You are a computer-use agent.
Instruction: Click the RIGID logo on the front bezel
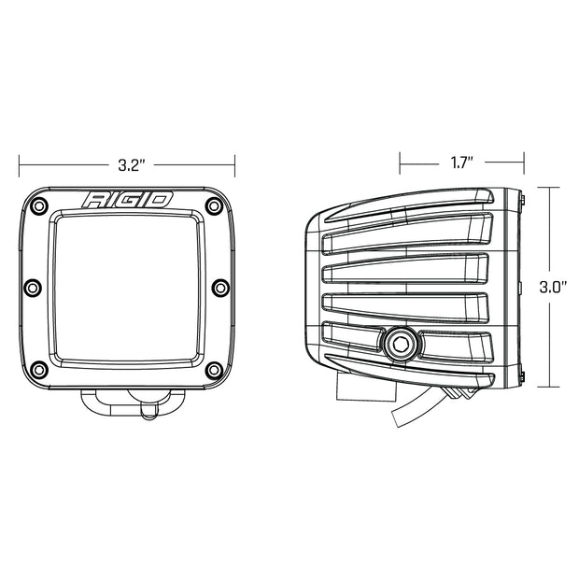coord(127,200)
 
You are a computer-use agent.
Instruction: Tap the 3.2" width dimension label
coord(129,165)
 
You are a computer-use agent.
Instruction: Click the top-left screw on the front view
coord(39,204)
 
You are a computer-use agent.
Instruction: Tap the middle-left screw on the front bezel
coord(31,286)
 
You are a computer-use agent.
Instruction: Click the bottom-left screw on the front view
coord(39,366)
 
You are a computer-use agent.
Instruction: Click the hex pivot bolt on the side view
coord(400,344)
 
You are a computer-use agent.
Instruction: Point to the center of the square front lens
coord(127,286)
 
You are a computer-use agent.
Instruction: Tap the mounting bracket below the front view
coord(127,402)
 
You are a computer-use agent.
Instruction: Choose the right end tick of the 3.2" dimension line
coord(233,165)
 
